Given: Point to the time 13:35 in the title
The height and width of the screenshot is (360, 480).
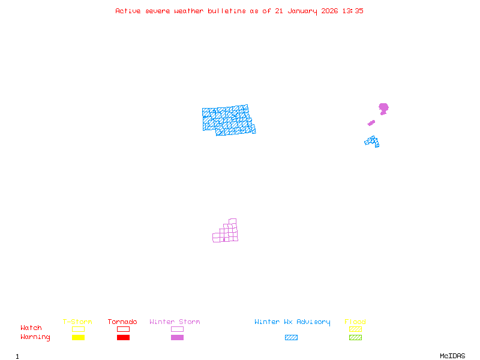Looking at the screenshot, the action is click(352, 11).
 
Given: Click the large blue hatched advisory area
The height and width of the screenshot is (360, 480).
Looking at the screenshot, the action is click(228, 120).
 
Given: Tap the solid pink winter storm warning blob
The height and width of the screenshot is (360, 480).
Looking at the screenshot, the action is click(383, 108).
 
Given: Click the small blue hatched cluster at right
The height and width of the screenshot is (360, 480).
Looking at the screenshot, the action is click(372, 142).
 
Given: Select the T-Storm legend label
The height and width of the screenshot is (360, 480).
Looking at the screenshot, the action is click(77, 322).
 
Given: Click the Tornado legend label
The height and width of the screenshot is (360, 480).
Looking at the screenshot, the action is click(122, 322).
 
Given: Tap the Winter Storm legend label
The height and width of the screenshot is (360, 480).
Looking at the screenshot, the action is click(175, 322).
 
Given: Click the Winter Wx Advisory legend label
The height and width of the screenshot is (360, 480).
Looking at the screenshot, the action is click(292, 322).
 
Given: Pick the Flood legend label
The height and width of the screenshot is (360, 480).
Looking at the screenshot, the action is click(355, 322).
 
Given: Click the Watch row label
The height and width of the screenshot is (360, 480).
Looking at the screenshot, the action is click(31, 328).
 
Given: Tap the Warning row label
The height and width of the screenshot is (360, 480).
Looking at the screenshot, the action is click(35, 337).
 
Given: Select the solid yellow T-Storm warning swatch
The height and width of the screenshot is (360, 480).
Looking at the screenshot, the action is click(78, 338).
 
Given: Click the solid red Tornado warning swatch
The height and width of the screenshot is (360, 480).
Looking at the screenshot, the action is click(123, 338).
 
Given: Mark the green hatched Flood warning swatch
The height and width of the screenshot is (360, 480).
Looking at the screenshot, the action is click(355, 338).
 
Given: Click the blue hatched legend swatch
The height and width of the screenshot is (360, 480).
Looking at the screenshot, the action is click(291, 338).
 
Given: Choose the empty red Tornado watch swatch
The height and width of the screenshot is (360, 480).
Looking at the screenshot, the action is click(123, 329).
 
